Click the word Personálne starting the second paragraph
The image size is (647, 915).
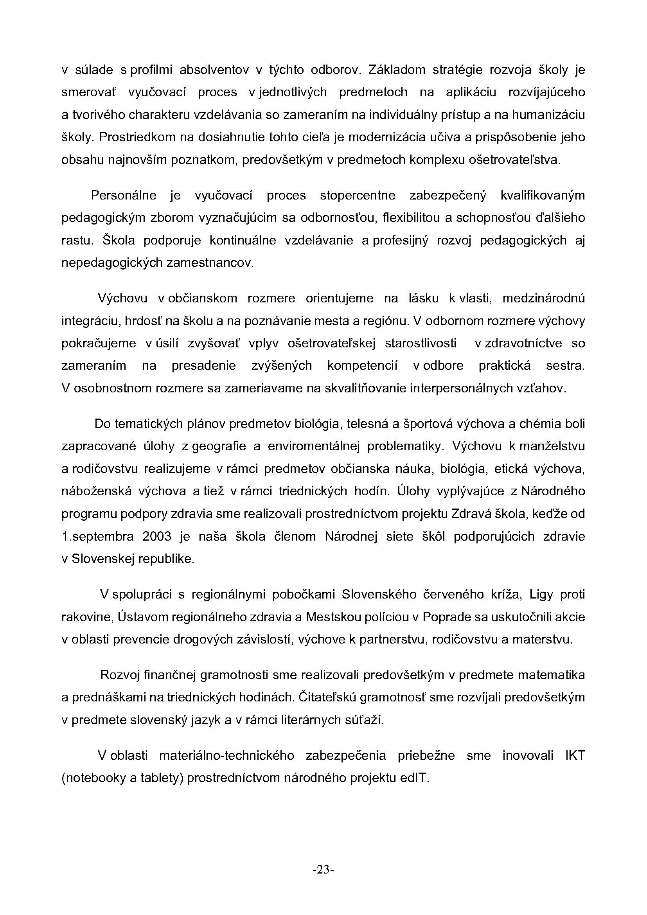pyautogui.click(x=124, y=196)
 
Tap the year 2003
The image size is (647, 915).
pyautogui.click(x=156, y=536)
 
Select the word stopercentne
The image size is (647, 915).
pyautogui.click(x=358, y=196)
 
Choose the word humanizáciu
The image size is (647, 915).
pyautogui.click(x=548, y=115)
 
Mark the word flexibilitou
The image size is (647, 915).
pyautogui.click(x=413, y=218)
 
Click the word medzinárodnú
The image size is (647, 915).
pyautogui.click(x=543, y=298)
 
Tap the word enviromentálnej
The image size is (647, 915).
pyautogui.click(x=314, y=446)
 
